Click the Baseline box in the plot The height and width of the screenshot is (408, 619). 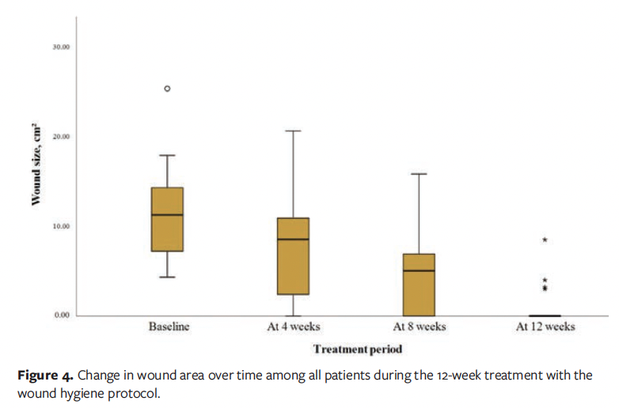click(167, 229)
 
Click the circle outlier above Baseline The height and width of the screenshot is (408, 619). click(167, 89)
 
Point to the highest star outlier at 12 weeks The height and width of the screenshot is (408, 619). click(545, 240)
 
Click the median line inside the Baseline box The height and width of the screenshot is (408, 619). click(167, 214)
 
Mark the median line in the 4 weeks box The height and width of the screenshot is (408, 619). click(293, 239)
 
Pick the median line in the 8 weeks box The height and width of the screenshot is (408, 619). click(419, 270)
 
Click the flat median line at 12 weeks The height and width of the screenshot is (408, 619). click(545, 315)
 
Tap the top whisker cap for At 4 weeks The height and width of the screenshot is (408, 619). click(293, 130)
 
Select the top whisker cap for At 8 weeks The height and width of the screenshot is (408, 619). click(419, 173)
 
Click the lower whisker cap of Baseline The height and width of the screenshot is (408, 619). click(167, 277)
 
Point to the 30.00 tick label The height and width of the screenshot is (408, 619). click(61, 47)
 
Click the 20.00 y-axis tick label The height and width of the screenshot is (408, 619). click(61, 136)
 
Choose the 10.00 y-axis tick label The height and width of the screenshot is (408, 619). click(61, 226)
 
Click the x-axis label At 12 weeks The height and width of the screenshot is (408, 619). click(545, 327)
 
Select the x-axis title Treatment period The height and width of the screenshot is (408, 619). click(358, 349)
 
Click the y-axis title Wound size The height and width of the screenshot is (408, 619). click(36, 166)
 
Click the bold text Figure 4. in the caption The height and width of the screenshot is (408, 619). click(46, 374)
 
